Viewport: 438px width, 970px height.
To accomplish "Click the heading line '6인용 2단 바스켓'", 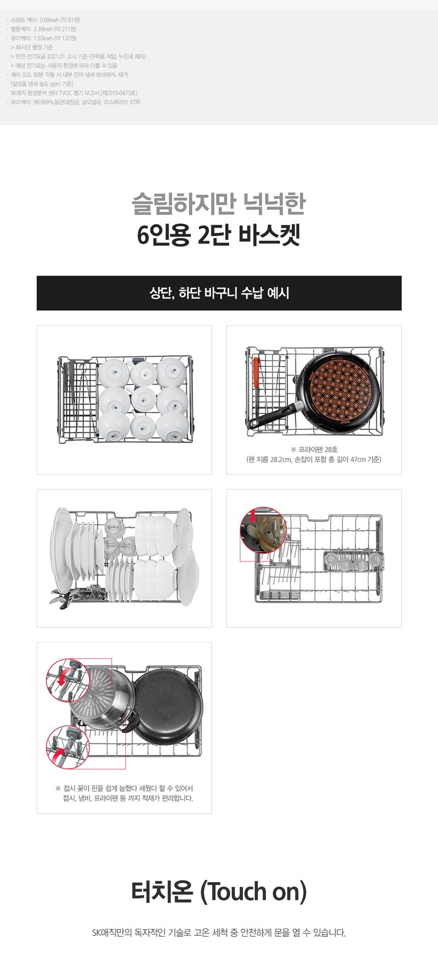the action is [218, 235].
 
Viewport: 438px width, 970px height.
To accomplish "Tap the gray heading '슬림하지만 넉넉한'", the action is [218, 203].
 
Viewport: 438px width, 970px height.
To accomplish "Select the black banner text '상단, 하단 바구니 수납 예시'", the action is [219, 293].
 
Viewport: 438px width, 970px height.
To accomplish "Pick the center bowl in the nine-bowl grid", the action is [144, 399].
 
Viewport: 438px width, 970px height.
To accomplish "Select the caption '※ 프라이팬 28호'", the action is [314, 449].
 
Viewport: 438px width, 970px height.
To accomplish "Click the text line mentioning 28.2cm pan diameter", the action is [314, 459].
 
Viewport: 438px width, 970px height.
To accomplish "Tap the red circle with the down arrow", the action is [263, 530].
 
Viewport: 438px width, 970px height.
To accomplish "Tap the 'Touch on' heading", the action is [219, 892].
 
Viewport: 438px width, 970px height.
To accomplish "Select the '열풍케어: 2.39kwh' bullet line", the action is [42, 29].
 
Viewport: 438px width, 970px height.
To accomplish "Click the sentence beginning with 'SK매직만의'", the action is [219, 933].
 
